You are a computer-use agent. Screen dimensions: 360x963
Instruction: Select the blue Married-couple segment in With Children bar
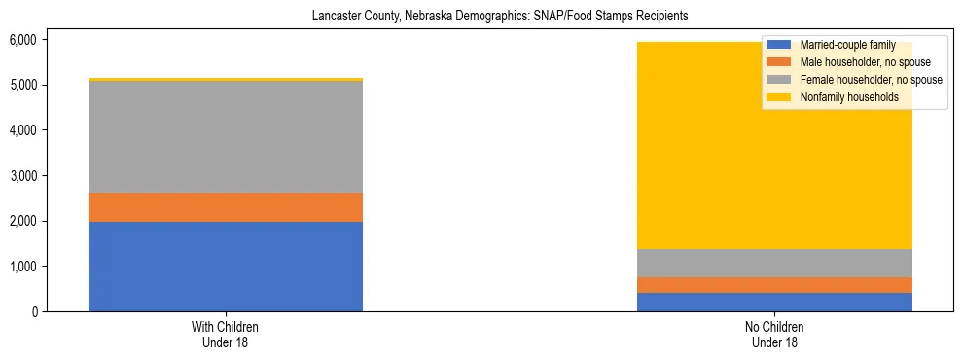tap(226, 267)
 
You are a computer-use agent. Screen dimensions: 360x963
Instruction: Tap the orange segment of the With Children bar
tap(226, 207)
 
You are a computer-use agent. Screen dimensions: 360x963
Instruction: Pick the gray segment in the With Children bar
tap(226, 137)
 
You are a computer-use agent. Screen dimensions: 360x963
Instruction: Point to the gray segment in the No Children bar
tap(775, 263)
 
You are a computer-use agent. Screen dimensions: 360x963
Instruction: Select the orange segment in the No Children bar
tap(775, 285)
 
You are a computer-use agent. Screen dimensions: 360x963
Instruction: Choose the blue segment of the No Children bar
tap(775, 302)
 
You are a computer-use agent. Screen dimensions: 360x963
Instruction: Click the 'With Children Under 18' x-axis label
tap(226, 335)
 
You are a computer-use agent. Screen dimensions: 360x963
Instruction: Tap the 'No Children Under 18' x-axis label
tap(775, 335)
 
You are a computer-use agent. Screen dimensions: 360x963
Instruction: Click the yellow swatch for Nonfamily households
tap(780, 97)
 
